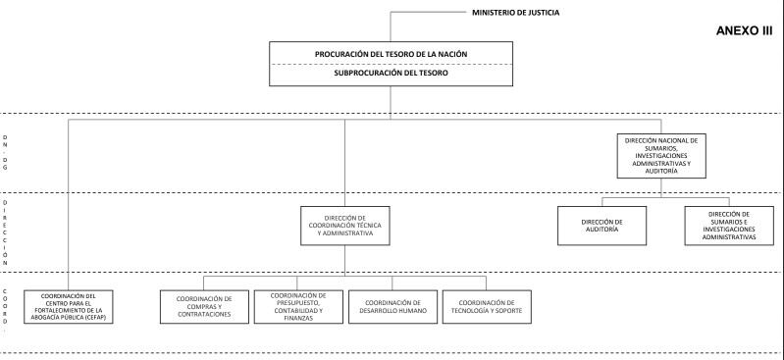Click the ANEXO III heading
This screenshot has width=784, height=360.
click(745, 31)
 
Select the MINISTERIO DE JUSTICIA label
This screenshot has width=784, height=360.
click(531, 13)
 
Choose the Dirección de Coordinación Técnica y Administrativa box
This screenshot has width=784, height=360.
click(344, 226)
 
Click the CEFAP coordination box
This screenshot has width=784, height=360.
click(69, 305)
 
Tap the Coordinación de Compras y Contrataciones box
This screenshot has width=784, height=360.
click(204, 305)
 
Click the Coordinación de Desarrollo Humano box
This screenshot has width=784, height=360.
click(392, 305)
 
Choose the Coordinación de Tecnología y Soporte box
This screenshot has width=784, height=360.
click(487, 305)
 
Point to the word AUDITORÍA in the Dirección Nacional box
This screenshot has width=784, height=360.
click(660, 171)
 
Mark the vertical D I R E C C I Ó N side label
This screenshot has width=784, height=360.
click(6, 232)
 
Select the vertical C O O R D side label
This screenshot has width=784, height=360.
click(6, 309)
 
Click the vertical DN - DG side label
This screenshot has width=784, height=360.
click(6, 153)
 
